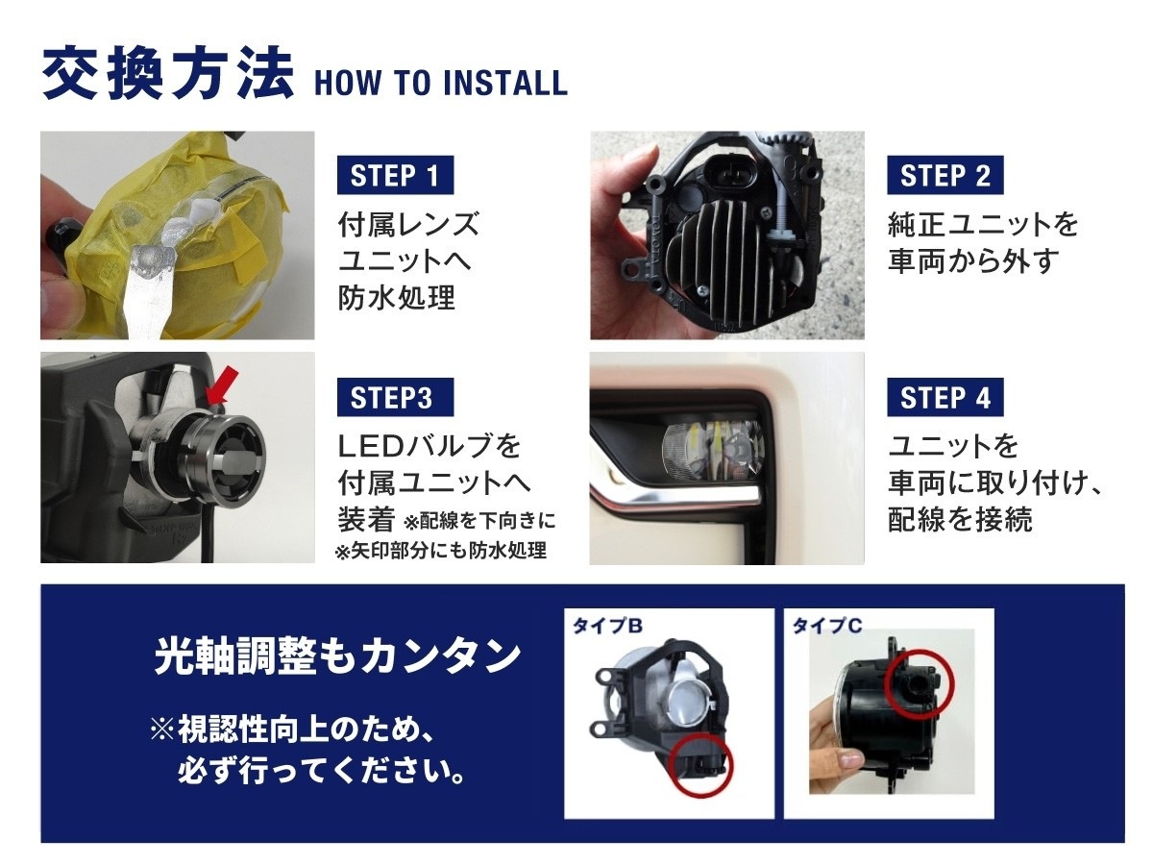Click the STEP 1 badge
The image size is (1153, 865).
point(395,175)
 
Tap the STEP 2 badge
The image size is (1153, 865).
point(945,175)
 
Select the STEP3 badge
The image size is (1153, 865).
point(395,397)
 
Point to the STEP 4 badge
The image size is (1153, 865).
point(945,397)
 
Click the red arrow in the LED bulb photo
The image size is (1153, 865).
point(223,386)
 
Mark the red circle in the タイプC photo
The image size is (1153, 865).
point(919,682)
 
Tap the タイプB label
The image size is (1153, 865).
point(607,626)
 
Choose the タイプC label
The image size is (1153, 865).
point(827,626)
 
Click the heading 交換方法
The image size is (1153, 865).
point(167,74)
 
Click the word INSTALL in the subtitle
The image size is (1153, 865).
point(504,83)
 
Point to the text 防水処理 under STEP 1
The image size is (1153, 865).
point(397,298)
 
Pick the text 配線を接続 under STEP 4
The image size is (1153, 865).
point(960,519)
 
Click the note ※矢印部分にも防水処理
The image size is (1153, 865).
point(441,551)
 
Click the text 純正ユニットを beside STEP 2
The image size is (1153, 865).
point(983,225)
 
